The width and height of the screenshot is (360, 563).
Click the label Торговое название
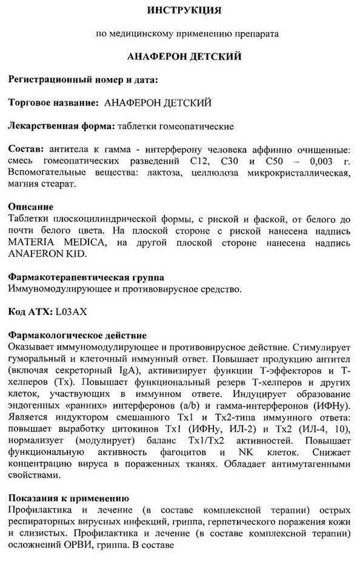(53, 102)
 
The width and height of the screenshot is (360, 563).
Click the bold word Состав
(26, 148)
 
